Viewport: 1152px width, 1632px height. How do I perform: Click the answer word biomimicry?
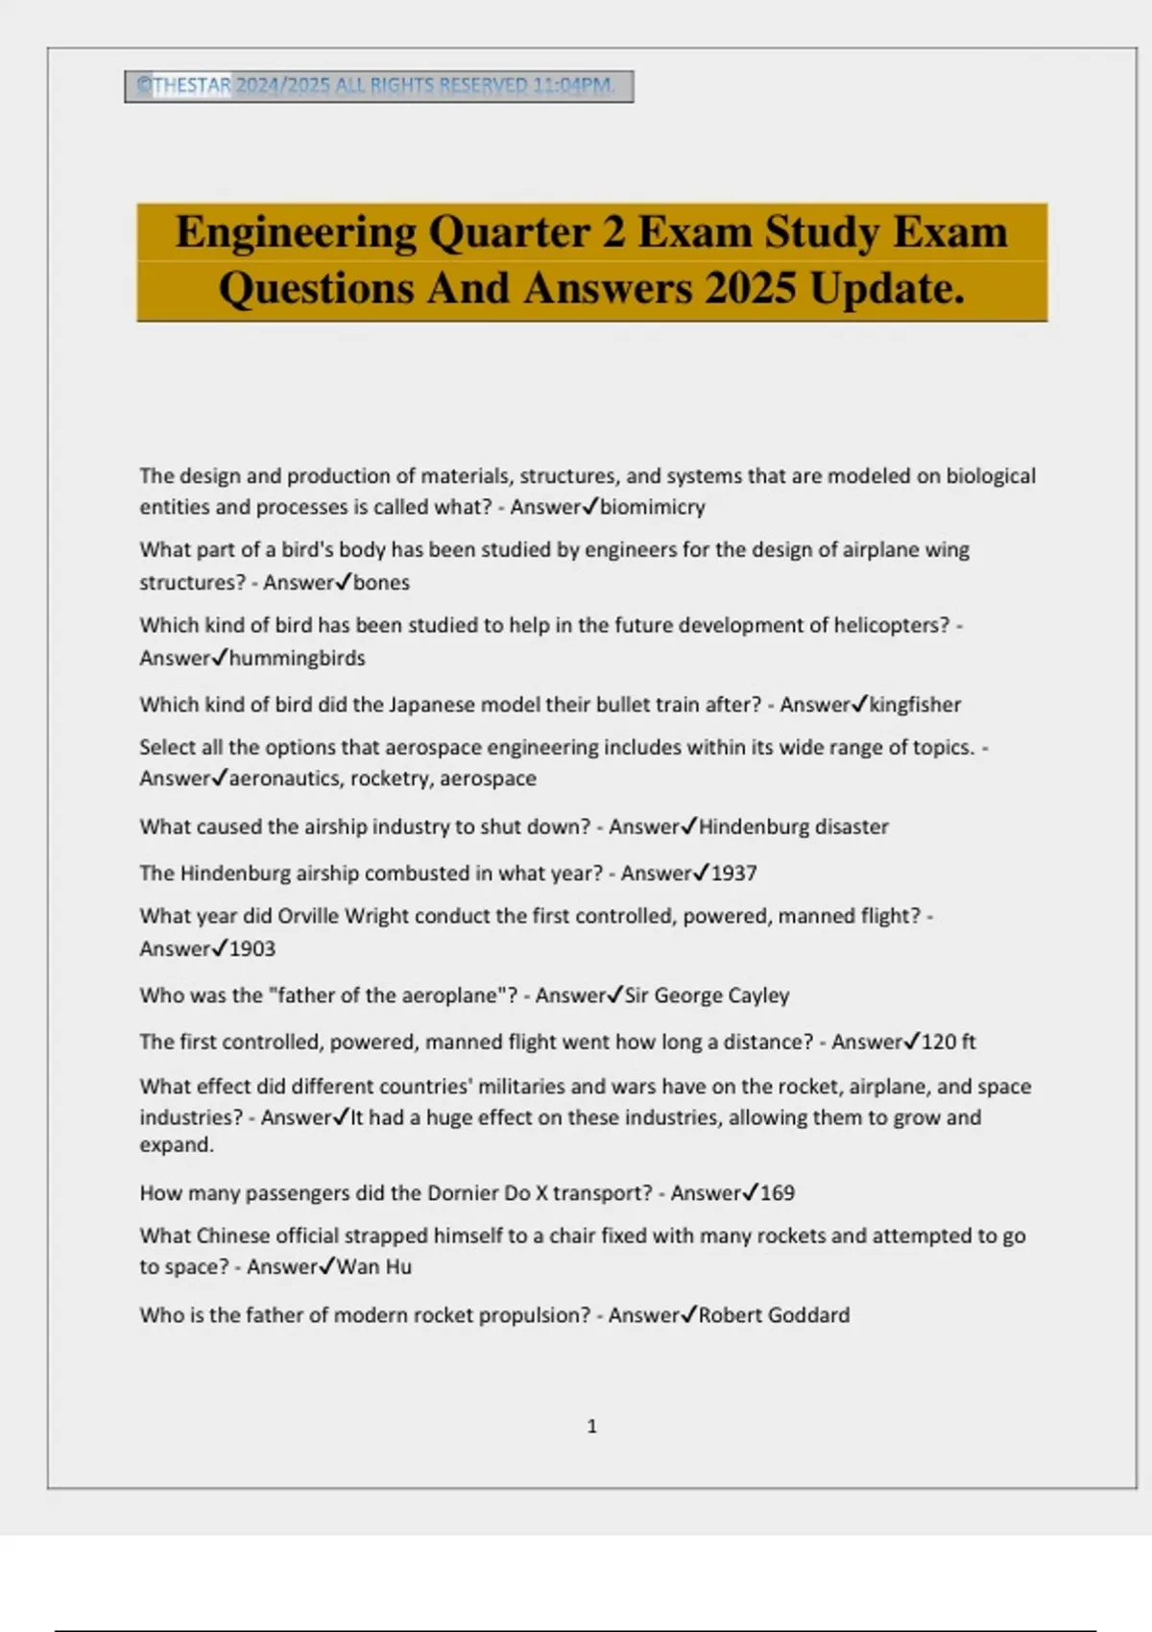[x=653, y=507]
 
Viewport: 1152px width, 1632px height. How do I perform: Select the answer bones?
[x=381, y=583]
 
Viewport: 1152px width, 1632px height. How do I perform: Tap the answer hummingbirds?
[x=297, y=659]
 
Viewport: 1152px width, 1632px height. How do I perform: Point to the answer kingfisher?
[x=915, y=705]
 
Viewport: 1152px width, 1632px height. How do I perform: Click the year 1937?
[x=733, y=874]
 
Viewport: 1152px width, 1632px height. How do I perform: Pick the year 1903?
[x=252, y=949]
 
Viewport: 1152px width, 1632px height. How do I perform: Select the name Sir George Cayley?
[x=708, y=996]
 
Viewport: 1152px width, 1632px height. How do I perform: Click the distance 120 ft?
[x=948, y=1042]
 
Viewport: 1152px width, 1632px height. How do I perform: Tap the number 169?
[x=778, y=1193]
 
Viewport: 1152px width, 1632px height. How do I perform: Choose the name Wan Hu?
[x=374, y=1267]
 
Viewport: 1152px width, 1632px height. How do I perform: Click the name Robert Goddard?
[x=774, y=1315]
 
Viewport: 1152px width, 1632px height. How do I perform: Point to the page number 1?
[x=591, y=1427]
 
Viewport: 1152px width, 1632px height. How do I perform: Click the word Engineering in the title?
[x=296, y=232]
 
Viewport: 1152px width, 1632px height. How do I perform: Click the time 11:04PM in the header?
[x=573, y=85]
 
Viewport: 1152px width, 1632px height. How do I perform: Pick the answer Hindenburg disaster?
[x=793, y=827]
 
